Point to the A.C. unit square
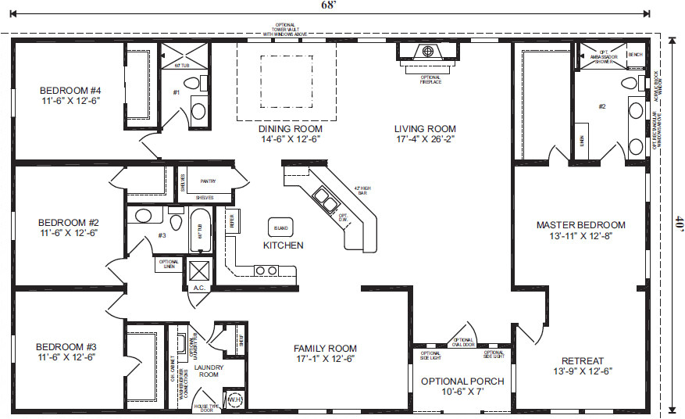[198, 272]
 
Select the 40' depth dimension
[679, 221]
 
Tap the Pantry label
[207, 181]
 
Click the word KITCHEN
[283, 245]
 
